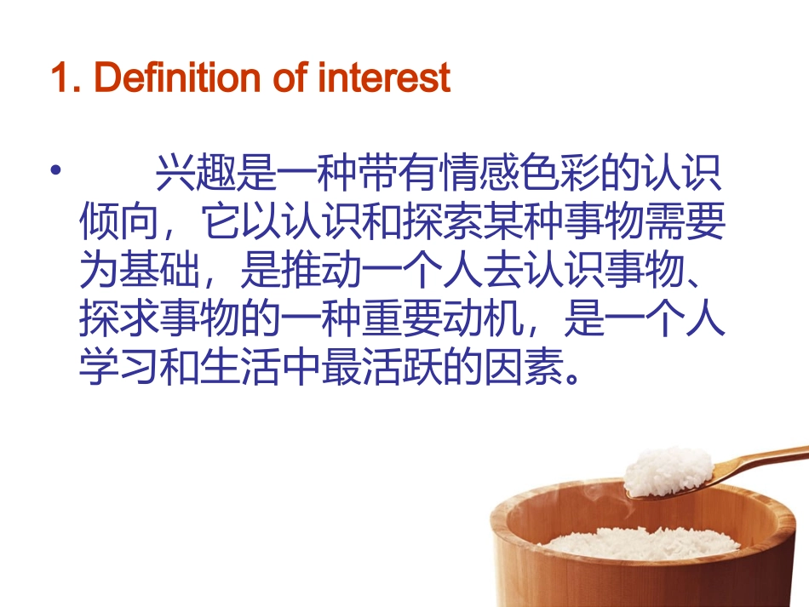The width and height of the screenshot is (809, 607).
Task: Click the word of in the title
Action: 291,78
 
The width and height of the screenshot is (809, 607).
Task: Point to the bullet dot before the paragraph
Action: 56,172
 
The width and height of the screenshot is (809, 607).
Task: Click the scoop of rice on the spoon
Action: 668,470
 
